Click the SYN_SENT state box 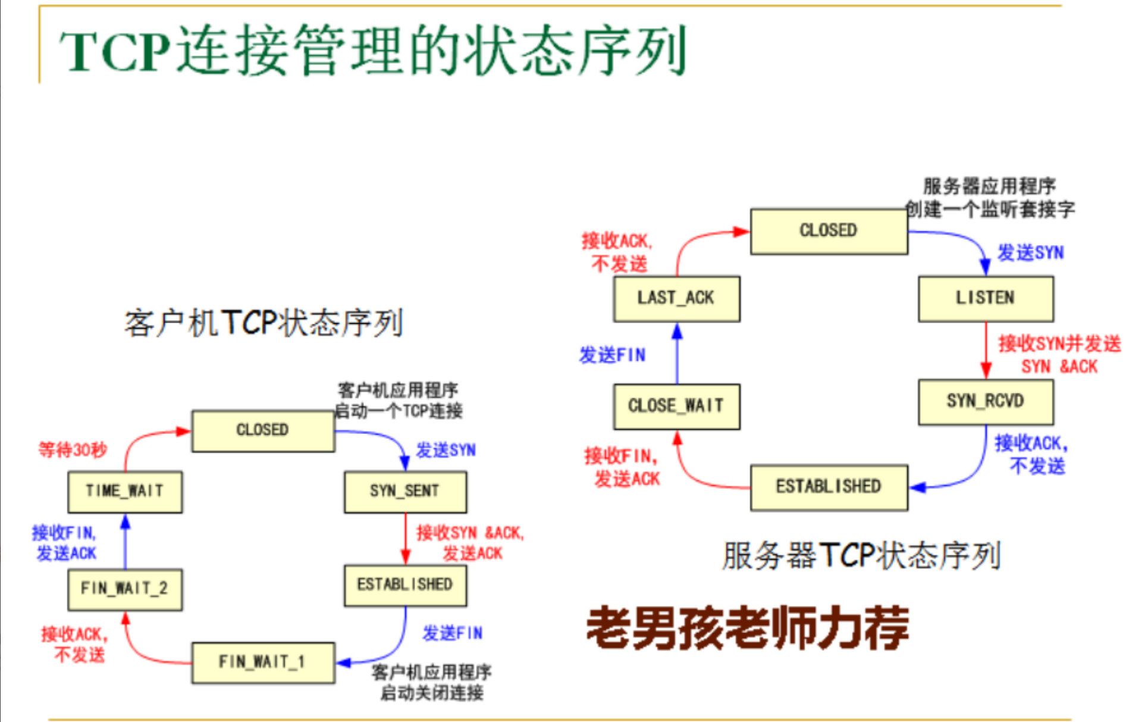[405, 492]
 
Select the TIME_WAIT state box [125, 492]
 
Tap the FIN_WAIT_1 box [263, 662]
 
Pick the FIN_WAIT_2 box [125, 589]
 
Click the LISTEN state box [985, 298]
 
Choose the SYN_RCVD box [985, 402]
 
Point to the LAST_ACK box [676, 298]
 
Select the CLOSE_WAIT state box [676, 407]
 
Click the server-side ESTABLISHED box [829, 487]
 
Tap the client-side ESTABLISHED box [405, 585]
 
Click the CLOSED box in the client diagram [263, 430]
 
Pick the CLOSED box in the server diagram [829, 231]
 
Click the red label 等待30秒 [73, 449]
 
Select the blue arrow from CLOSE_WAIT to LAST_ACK [677, 354]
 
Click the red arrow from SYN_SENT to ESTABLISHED [406, 539]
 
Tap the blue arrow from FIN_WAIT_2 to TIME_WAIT [125, 542]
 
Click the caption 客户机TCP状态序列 [264, 323]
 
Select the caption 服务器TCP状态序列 [861, 555]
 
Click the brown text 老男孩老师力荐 [748, 629]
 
